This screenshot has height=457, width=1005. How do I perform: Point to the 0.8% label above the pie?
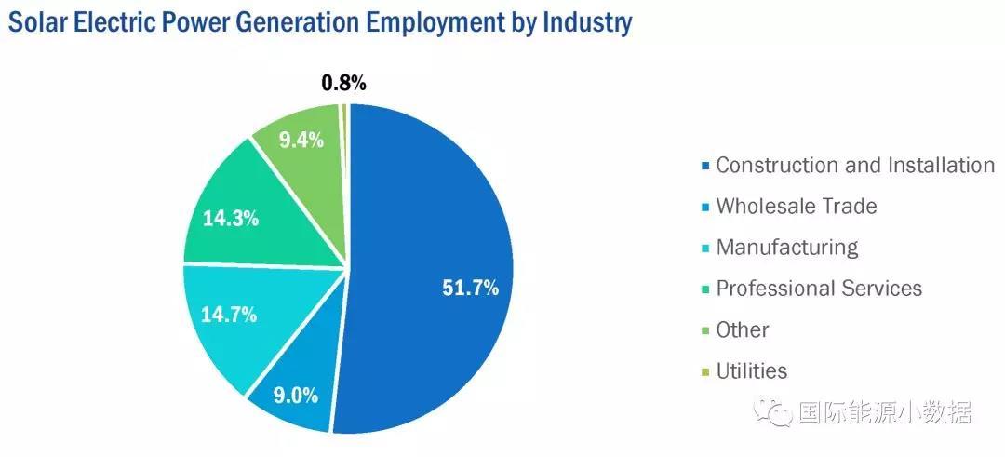point(343,83)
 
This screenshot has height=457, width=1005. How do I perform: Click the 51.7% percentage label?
point(470,288)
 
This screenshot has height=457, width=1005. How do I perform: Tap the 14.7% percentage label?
point(229,315)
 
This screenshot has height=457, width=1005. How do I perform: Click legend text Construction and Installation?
point(854,166)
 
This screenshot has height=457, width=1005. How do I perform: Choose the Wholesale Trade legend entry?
point(796,207)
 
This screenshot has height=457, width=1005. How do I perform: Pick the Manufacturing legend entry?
point(786,248)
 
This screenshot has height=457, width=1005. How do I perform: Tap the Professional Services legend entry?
point(818,289)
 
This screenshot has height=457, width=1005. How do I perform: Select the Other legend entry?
point(742,329)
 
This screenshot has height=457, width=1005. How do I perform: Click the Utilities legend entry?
point(751,371)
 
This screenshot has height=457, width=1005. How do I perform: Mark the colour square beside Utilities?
point(706,372)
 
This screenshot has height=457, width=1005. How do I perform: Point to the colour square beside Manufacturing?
point(706,249)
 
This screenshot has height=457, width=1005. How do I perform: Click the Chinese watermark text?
point(884,412)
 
